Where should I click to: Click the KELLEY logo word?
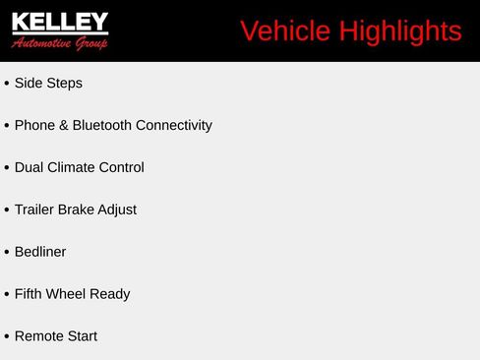(x=60, y=22)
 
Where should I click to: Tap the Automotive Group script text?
(x=60, y=42)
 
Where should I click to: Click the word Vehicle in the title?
(x=285, y=31)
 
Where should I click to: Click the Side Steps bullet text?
(x=48, y=84)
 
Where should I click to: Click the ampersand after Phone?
(x=63, y=126)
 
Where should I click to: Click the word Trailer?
(x=35, y=210)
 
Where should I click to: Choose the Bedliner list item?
(x=40, y=253)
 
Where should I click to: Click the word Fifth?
(x=30, y=294)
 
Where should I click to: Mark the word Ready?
(x=111, y=294)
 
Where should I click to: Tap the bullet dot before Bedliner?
(x=7, y=253)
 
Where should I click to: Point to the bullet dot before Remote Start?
(x=7, y=336)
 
